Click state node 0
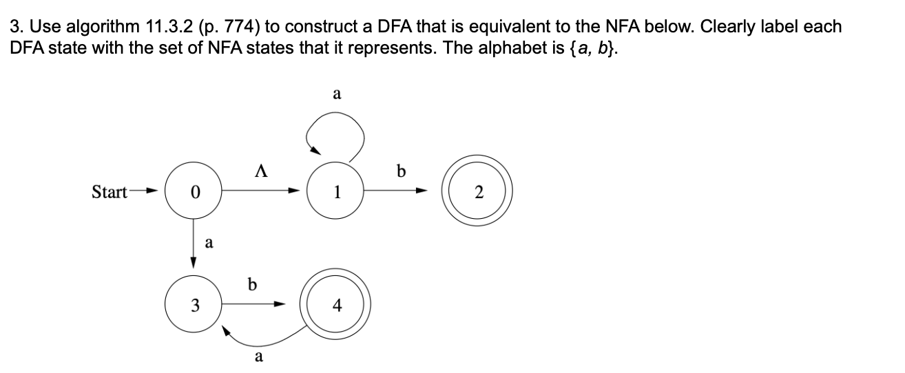[x=194, y=192]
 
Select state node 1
[x=337, y=192]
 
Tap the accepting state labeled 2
[x=480, y=192]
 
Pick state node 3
[x=194, y=304]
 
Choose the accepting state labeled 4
[x=337, y=304]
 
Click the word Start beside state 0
[x=109, y=192]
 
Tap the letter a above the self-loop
[x=337, y=94]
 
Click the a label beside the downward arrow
[x=209, y=242]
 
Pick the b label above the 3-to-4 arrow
[x=253, y=284]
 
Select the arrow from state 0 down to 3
[x=194, y=244]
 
